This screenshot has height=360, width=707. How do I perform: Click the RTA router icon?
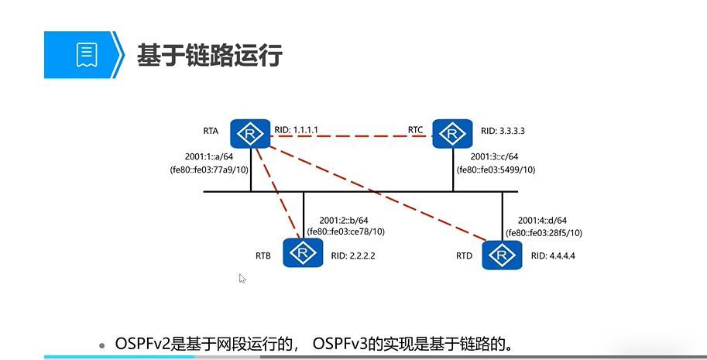point(249,134)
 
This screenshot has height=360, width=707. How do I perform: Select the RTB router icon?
point(303,252)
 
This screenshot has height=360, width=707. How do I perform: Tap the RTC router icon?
point(452,134)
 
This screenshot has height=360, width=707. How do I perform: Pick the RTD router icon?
point(502,254)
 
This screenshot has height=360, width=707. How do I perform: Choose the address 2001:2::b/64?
point(345,219)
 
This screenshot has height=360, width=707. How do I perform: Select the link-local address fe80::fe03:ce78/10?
point(345,231)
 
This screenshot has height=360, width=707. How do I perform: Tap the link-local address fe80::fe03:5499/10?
point(496,170)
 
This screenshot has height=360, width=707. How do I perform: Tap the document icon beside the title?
point(86,54)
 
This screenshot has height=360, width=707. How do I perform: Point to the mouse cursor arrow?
point(242,278)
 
